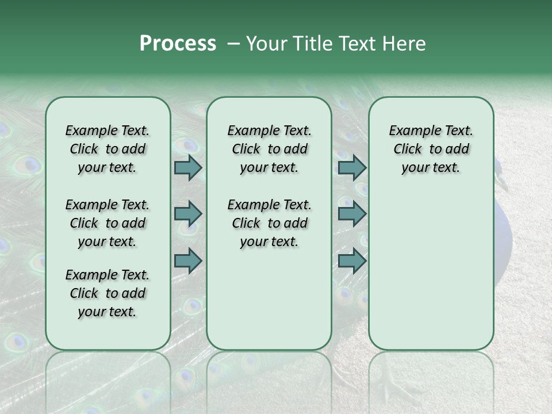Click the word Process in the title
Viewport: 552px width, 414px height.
[178, 43]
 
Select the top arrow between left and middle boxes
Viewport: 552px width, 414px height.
[188, 167]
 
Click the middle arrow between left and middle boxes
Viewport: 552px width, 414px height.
[188, 214]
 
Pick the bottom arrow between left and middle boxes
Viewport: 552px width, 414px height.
[188, 261]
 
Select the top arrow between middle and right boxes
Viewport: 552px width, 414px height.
[352, 167]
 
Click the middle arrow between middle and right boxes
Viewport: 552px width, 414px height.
[352, 214]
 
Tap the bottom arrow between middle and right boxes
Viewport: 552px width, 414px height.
[352, 261]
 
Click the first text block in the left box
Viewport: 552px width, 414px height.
[108, 149]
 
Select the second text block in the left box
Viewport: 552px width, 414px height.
[108, 223]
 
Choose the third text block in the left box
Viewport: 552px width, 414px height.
[108, 293]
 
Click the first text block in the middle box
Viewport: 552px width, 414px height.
[269, 149]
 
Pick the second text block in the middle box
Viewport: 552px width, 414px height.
[269, 223]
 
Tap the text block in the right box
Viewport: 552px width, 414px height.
[431, 149]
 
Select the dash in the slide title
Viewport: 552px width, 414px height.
[233, 44]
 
